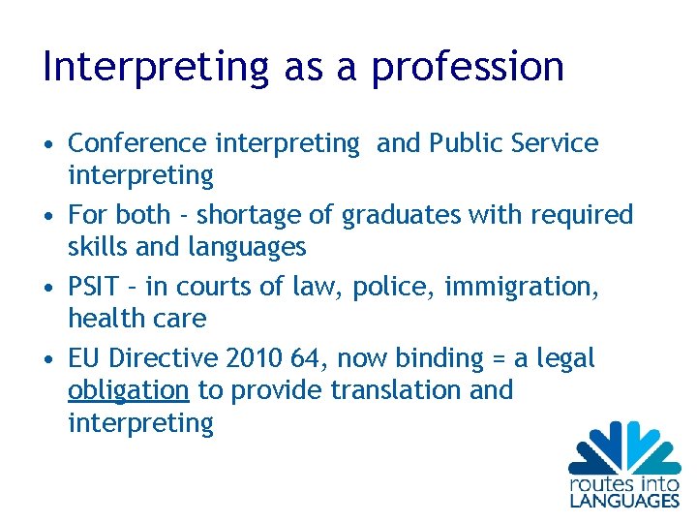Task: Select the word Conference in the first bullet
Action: pyautogui.click(x=137, y=143)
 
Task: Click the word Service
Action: pyautogui.click(x=555, y=143)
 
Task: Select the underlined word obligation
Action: pyautogui.click(x=129, y=390)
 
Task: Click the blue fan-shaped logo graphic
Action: pyautogui.click(x=624, y=447)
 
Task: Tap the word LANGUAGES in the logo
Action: pyautogui.click(x=623, y=500)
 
